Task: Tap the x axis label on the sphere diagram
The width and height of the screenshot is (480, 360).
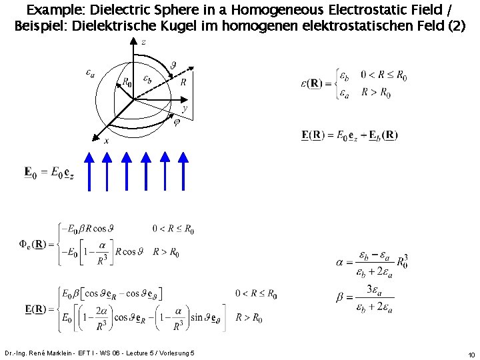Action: pyautogui.click(x=106, y=141)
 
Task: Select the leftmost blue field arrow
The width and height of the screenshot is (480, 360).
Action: pyautogui.click(x=89, y=171)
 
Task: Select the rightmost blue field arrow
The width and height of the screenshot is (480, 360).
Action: pyautogui.click(x=185, y=171)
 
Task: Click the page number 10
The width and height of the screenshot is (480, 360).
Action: pyautogui.click(x=471, y=354)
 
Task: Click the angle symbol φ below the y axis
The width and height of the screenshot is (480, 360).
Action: pyautogui.click(x=177, y=121)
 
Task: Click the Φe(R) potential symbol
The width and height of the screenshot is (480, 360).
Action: pyautogui.click(x=32, y=243)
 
